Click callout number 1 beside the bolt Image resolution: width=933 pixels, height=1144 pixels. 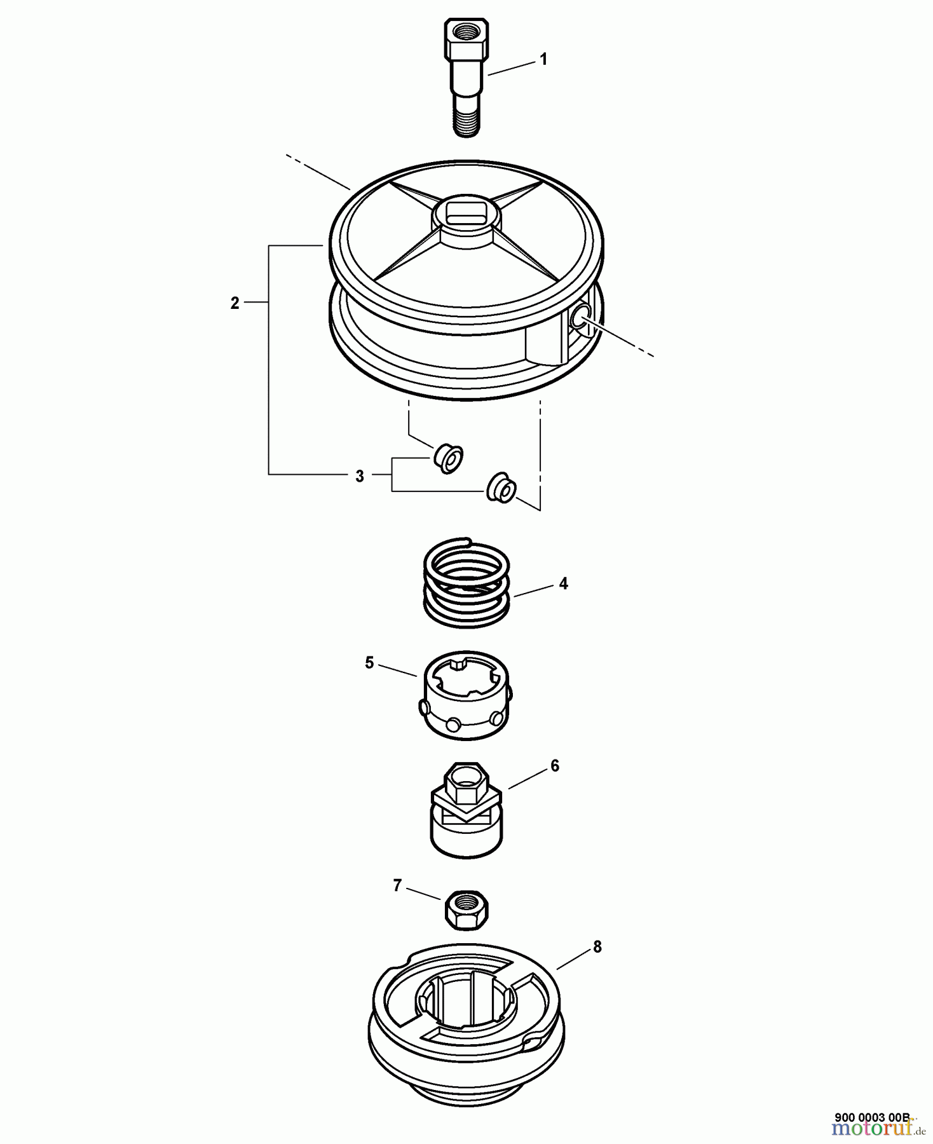click(x=543, y=59)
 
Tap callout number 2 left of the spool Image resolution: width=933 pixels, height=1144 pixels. click(x=235, y=303)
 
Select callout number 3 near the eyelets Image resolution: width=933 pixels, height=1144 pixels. click(x=360, y=475)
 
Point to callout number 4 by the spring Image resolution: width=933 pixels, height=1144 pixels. click(x=563, y=583)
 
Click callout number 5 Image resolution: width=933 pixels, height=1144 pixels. click(x=369, y=663)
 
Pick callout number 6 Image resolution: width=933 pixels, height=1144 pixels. click(x=555, y=766)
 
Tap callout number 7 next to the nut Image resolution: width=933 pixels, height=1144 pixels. click(x=397, y=885)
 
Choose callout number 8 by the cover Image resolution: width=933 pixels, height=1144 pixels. click(x=597, y=946)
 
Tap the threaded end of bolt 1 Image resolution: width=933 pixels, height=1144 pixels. click(x=467, y=122)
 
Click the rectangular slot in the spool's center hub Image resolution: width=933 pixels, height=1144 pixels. click(x=467, y=212)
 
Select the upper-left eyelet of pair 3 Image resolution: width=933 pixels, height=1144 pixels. click(x=449, y=458)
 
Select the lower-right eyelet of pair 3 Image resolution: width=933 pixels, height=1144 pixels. click(x=501, y=487)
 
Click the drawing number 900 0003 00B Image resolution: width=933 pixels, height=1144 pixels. click(x=872, y=1117)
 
